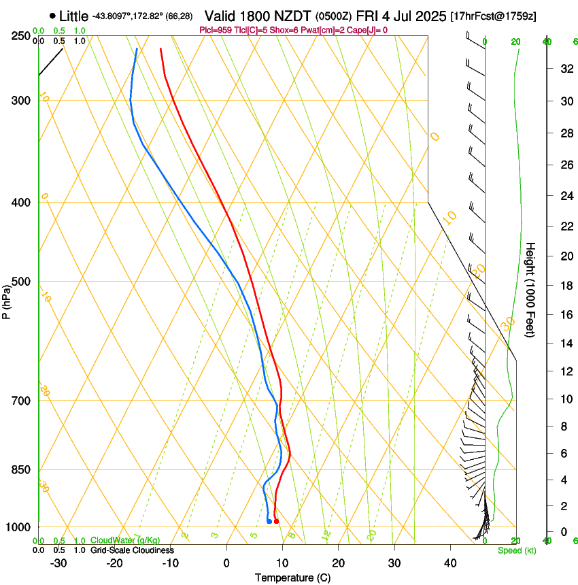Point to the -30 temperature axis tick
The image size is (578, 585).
click(58, 563)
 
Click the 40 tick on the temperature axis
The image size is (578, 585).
click(449, 563)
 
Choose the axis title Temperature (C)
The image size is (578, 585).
click(292, 578)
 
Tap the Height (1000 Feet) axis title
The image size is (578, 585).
click(531, 289)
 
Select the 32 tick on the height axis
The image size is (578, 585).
click(565, 68)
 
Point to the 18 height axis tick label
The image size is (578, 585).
click(565, 286)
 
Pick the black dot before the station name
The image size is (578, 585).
click(52, 16)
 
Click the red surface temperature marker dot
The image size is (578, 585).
click(276, 521)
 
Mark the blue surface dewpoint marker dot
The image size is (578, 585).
click(270, 521)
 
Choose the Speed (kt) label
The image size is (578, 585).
click(516, 550)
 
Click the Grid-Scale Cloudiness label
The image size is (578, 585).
click(132, 550)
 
